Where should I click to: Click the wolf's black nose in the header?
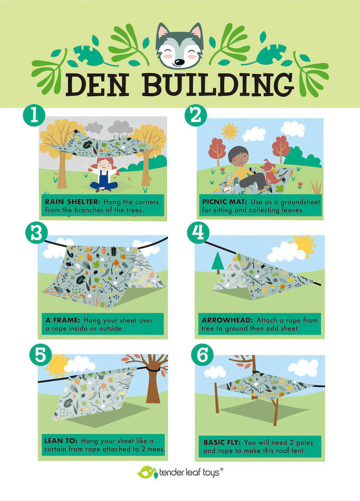[179, 62]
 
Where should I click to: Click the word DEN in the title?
[98, 85]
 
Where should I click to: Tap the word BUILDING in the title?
[218, 85]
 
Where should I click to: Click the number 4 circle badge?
[198, 232]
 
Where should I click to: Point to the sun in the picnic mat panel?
[230, 131]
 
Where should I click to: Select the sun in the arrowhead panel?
[304, 245]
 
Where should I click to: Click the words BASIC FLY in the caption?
[222, 442]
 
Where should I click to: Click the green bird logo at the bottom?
[147, 472]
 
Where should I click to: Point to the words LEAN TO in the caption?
[61, 441]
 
